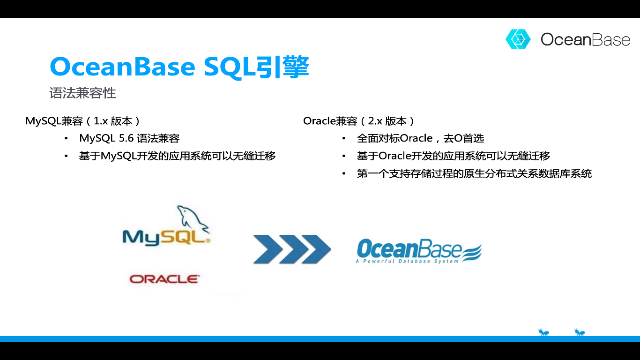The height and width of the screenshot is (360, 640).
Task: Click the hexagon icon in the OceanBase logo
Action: coord(518,39)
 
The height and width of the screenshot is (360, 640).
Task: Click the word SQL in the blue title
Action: coord(230,67)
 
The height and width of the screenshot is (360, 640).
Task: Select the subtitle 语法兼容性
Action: coord(82,93)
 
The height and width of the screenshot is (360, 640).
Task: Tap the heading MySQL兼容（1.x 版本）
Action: coord(83,121)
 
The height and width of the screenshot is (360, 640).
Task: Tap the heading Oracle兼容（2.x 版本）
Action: coord(359,121)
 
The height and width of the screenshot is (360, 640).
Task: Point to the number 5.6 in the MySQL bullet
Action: coord(127,138)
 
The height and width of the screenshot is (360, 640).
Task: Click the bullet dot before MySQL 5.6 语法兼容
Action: coord(66,139)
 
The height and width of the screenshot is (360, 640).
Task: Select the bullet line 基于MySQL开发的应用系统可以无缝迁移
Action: coord(178,156)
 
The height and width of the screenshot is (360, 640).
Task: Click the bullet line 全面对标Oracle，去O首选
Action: coord(421,138)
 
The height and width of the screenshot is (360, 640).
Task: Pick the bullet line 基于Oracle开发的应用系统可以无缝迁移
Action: coord(454,156)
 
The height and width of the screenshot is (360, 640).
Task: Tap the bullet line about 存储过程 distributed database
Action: coord(474,173)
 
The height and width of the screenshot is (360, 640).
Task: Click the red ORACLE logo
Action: coord(164,279)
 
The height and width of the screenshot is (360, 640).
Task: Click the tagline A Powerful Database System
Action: coord(407,261)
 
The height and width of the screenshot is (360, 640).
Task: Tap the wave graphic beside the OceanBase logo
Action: coord(471,253)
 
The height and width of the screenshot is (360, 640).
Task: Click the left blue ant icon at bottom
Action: coord(543,332)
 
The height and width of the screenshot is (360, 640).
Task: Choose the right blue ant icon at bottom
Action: coord(580,332)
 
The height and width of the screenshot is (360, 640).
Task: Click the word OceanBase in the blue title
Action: coord(123,67)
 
